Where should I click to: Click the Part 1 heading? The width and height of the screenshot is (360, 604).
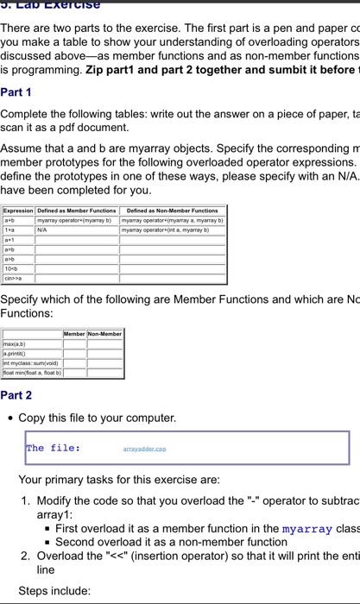tap(16, 91)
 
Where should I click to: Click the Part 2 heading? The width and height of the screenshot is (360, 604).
tap(16, 395)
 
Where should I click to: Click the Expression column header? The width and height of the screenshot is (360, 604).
tap(18, 211)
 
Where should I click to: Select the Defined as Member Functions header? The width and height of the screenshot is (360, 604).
tap(77, 211)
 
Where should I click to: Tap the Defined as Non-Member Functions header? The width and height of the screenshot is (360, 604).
tap(172, 211)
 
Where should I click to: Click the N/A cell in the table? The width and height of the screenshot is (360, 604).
tap(42, 230)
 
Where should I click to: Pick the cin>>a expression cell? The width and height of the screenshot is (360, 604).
tap(14, 278)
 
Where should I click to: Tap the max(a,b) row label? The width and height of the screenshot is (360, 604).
tap(16, 343)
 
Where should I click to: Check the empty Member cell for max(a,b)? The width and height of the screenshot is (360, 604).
tap(74, 343)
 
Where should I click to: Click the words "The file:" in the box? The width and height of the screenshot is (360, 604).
tap(54, 448)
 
